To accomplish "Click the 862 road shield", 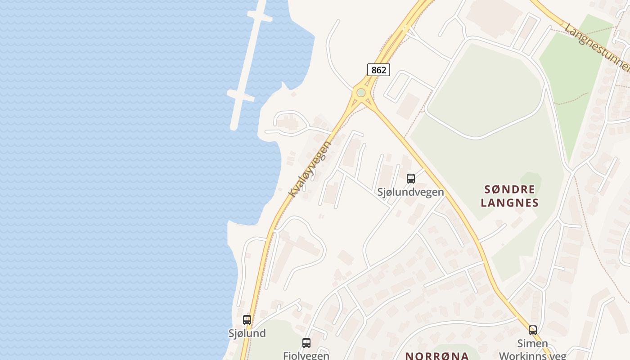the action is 378,70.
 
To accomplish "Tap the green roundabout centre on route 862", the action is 361,93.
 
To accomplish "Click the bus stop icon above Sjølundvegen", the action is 410,179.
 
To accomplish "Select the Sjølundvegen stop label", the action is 410,192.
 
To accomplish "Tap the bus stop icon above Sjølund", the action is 247,320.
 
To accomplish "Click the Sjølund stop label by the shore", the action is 247,333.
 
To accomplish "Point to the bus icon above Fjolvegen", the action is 306,343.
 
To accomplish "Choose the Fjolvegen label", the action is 306,355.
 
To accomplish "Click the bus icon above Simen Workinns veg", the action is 533,330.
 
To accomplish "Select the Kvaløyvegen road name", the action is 310,169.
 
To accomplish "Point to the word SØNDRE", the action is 509,189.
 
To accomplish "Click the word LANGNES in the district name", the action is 509,202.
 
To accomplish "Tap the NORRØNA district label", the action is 437,355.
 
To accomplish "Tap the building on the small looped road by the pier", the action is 288,122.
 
